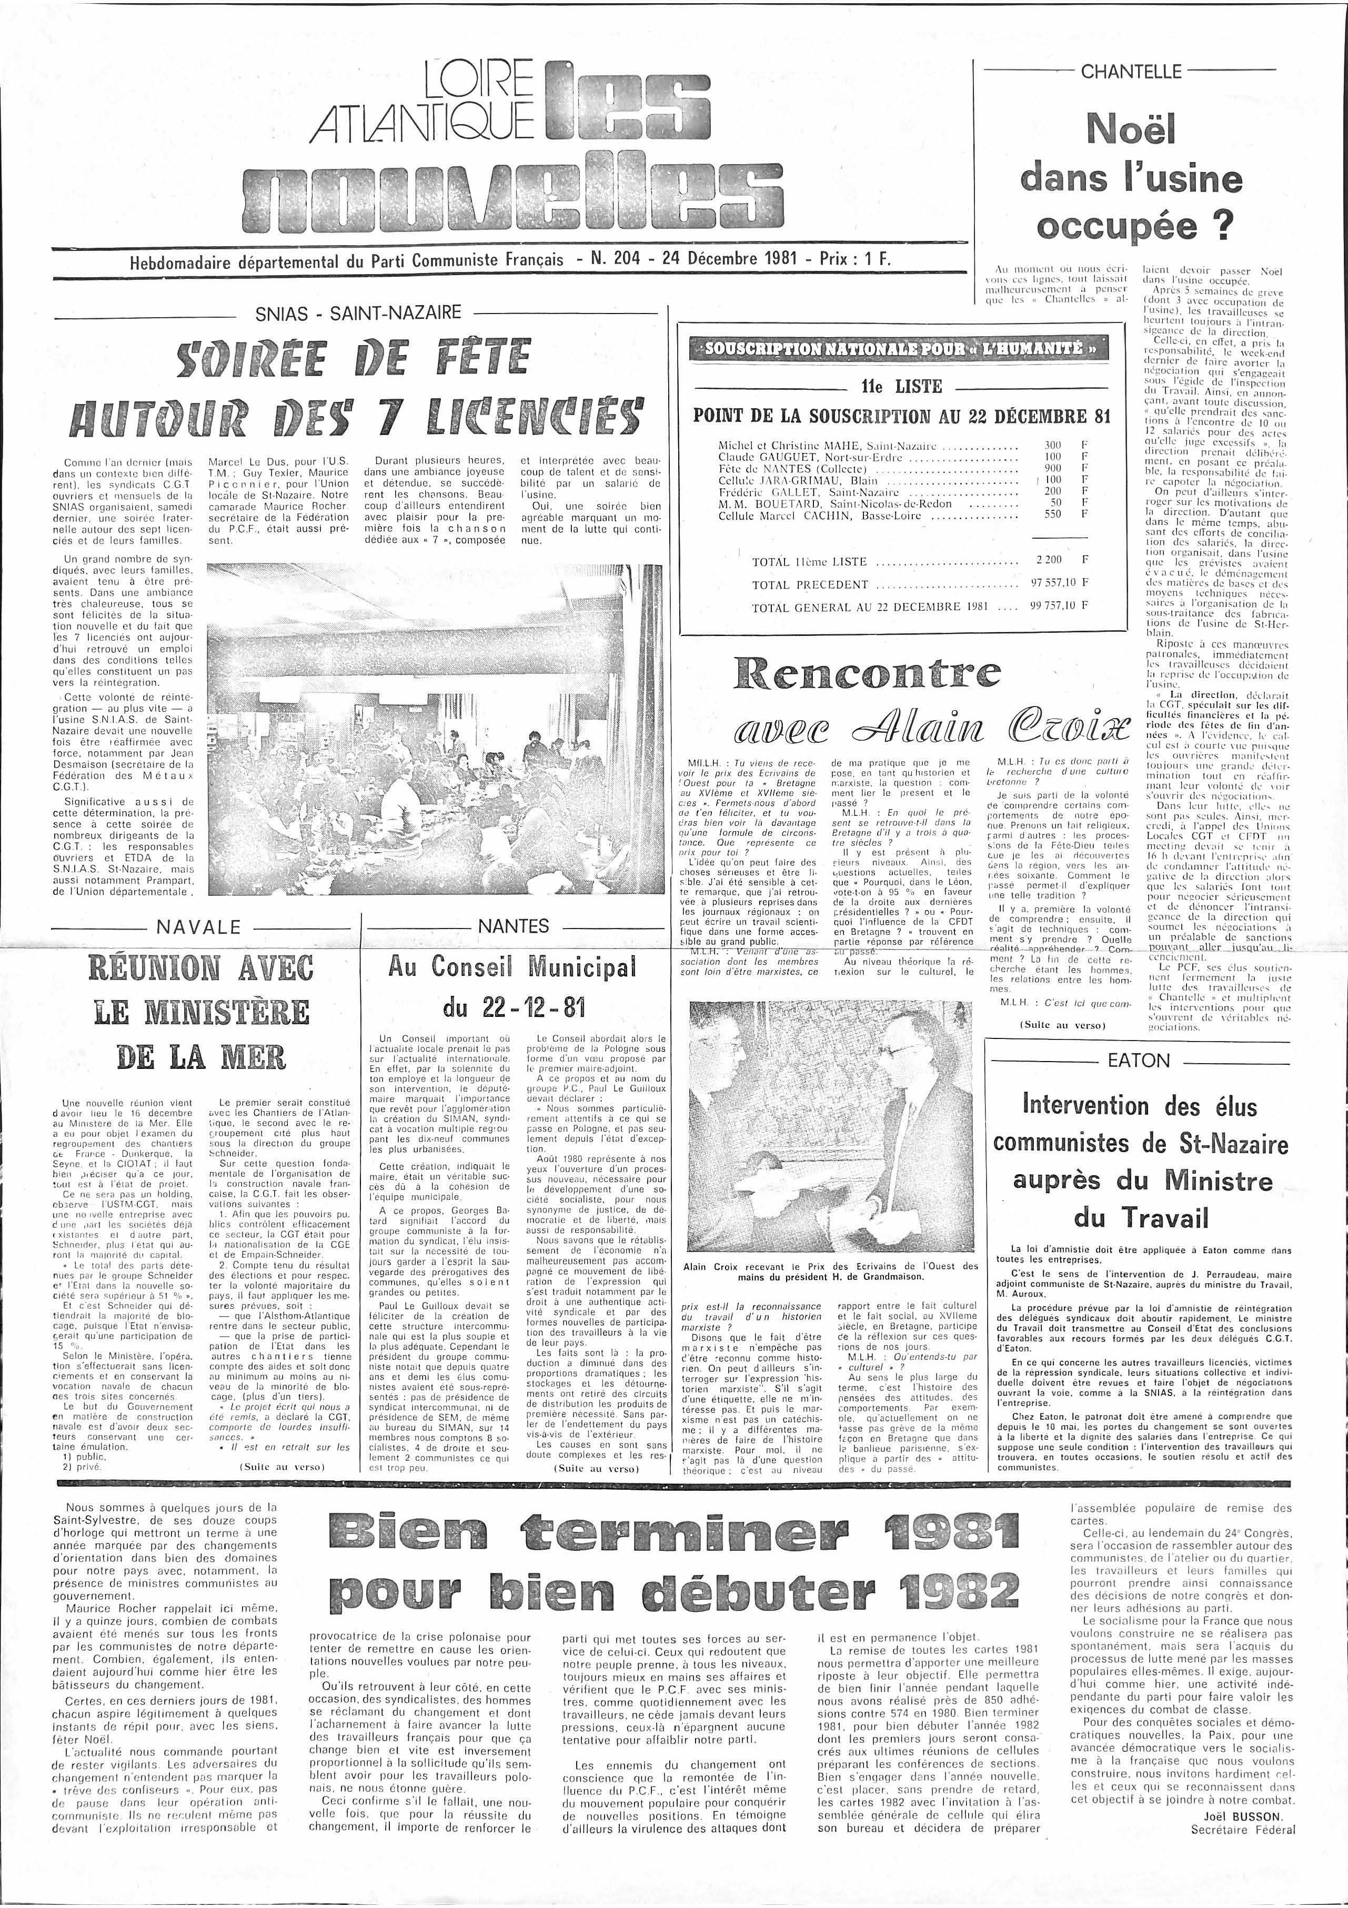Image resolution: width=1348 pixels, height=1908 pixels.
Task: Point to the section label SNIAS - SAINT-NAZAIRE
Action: click(358, 314)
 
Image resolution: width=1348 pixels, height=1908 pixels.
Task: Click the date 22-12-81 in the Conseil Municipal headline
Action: click(515, 1009)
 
